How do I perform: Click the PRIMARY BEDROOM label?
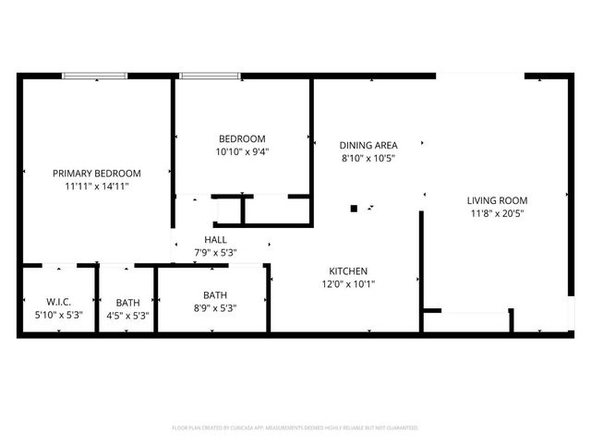click(96, 173)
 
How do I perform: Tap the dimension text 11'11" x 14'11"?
click(96, 186)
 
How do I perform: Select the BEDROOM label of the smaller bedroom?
click(241, 138)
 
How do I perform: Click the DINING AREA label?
click(368, 145)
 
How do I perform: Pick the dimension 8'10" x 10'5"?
click(368, 158)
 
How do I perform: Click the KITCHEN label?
click(349, 270)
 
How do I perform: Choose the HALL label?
click(215, 239)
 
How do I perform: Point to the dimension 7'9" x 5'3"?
click(215, 252)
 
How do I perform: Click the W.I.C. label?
click(58, 302)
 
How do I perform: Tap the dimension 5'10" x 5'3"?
click(58, 315)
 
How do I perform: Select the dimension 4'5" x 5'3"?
click(128, 315)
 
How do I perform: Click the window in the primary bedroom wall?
click(95, 76)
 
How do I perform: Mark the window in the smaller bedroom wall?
click(211, 76)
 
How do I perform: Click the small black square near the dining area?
click(353, 209)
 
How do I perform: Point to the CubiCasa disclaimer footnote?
click(295, 428)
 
